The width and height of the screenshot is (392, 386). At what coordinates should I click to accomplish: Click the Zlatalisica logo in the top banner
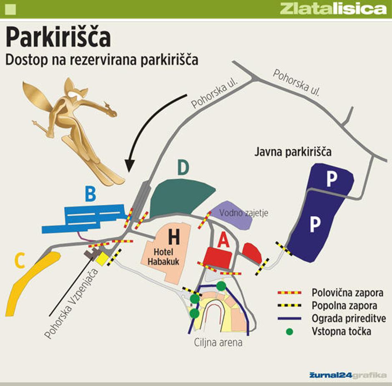[333, 9]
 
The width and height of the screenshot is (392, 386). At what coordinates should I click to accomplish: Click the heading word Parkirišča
[58, 38]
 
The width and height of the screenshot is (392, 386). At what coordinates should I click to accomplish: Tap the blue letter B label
[90, 194]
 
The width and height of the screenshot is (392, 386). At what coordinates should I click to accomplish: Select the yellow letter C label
[19, 261]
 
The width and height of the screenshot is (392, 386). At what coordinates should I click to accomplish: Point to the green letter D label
[183, 168]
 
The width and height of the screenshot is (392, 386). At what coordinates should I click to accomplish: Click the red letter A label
[224, 241]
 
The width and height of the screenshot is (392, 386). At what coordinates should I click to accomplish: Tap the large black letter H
[174, 237]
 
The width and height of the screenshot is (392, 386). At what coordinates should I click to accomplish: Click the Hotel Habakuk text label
[166, 256]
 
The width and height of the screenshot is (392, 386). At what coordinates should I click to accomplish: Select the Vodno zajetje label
[244, 213]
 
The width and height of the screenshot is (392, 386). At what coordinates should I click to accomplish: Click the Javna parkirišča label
[293, 152]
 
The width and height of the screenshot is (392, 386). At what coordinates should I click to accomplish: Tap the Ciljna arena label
[218, 343]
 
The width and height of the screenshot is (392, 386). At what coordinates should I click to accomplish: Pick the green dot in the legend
[289, 332]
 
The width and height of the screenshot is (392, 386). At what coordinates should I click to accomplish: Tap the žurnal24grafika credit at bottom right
[347, 375]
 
